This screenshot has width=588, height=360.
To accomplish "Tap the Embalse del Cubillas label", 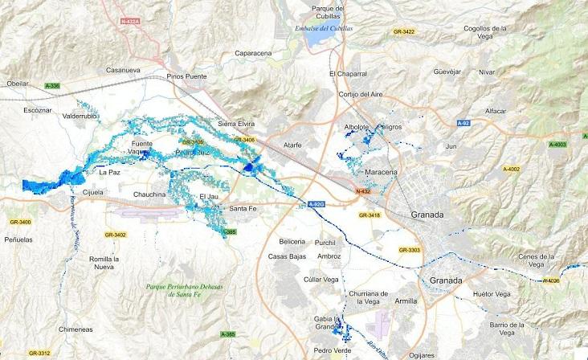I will [x=325, y=28].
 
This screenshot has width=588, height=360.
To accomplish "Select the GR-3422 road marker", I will [x=402, y=31].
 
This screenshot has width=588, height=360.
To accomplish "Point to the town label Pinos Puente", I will [x=188, y=76].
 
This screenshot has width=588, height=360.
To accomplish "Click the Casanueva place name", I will [x=123, y=69].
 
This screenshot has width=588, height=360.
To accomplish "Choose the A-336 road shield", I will [x=53, y=85].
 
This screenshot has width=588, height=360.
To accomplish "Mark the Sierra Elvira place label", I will [x=236, y=125].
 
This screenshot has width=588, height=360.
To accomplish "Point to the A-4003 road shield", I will [x=557, y=145].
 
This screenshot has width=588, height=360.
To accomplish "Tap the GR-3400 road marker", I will [x=18, y=222].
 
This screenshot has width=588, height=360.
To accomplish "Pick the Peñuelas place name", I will [x=19, y=239].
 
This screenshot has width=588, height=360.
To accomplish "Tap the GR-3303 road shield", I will [x=409, y=250].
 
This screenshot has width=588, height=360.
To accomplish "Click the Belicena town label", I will [x=292, y=241].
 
